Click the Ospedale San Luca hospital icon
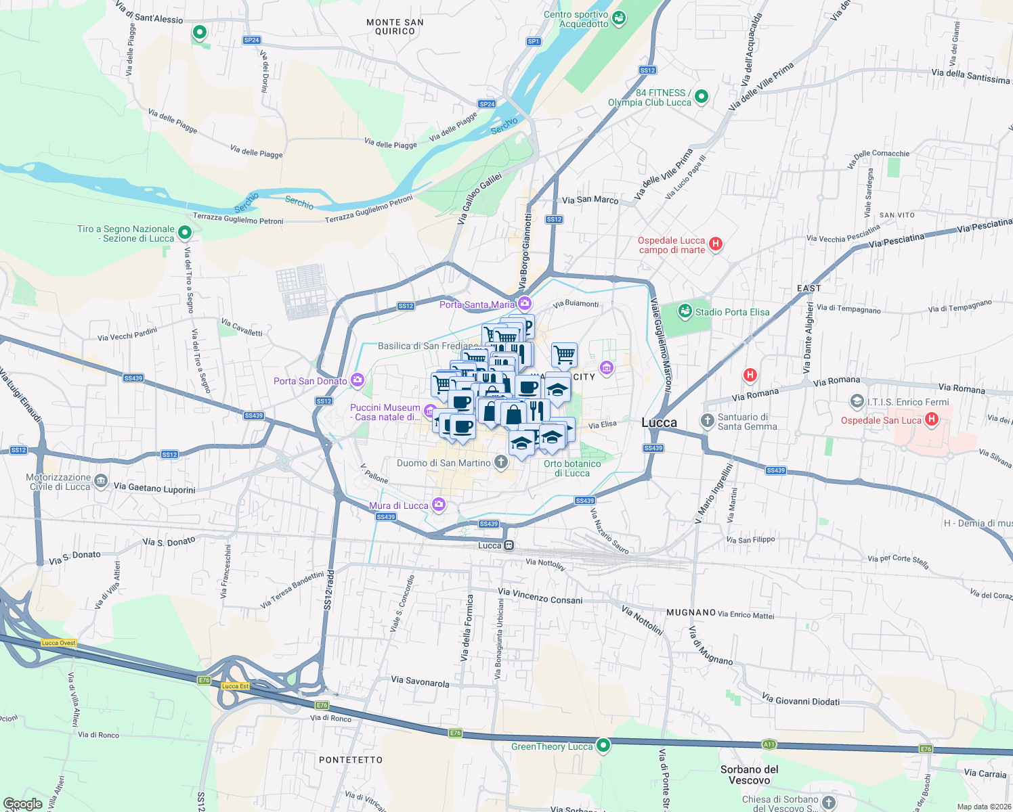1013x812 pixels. click(932, 420)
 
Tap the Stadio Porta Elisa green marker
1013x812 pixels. click(685, 311)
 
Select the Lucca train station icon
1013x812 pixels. click(509, 545)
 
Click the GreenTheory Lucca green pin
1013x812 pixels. click(603, 746)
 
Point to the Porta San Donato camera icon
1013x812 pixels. click(358, 380)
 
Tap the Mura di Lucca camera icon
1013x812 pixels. click(439, 504)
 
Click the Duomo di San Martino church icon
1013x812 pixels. click(500, 462)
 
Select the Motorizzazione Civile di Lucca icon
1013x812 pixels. click(101, 481)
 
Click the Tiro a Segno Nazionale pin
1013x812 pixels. click(184, 233)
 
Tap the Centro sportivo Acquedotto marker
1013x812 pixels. click(618, 18)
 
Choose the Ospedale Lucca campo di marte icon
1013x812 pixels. click(716, 244)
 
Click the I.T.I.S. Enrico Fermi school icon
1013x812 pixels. click(857, 401)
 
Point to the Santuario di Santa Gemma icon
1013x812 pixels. click(707, 421)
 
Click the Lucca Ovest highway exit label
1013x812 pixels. click(59, 643)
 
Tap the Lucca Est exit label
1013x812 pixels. click(235, 686)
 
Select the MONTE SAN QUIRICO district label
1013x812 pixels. click(395, 26)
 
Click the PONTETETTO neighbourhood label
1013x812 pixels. click(351, 760)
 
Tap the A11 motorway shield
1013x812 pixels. click(769, 744)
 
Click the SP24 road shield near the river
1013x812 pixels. click(487, 104)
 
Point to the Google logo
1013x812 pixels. click(23, 803)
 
